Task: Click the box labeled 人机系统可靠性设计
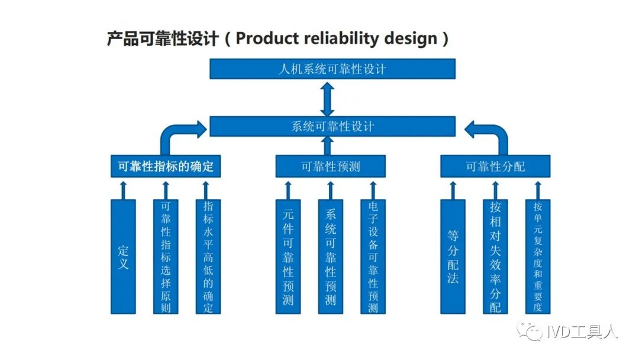point(332,69)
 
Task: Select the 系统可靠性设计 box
point(332,126)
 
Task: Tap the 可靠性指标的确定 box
point(166,166)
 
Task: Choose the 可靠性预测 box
point(331,166)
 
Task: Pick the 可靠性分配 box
point(495,166)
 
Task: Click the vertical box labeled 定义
point(123,256)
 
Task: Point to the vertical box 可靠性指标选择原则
point(166,256)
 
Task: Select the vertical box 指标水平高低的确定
point(208,256)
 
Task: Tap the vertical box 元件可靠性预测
point(288,256)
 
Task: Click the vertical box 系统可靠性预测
point(331,256)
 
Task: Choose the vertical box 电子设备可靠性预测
point(373,256)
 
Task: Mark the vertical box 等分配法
point(453,256)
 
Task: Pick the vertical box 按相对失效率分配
point(495,256)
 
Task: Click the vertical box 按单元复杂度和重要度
point(538,256)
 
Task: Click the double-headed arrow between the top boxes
point(327,99)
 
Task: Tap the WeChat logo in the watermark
point(530,330)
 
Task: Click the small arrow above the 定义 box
point(123,191)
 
